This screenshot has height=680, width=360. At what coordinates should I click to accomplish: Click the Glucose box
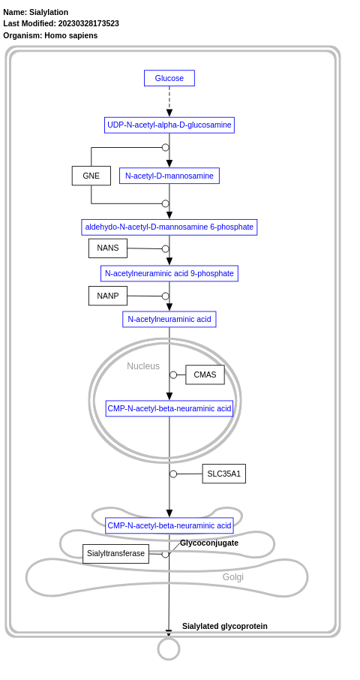(x=169, y=78)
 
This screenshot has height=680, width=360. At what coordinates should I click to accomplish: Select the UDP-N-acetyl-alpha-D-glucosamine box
(x=169, y=125)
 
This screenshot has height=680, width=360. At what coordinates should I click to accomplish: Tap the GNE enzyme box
(x=91, y=176)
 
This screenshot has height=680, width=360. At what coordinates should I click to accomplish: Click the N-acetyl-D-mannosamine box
(x=169, y=176)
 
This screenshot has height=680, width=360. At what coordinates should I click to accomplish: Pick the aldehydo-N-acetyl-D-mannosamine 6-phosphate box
(x=169, y=227)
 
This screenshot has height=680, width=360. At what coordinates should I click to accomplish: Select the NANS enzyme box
(x=107, y=248)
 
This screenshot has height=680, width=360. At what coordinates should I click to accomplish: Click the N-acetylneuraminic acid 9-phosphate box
(x=169, y=273)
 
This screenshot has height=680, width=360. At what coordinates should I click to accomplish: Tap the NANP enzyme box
(x=107, y=296)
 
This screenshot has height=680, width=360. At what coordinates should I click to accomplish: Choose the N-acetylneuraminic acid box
(x=169, y=319)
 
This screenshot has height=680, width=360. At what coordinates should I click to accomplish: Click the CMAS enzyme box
(x=205, y=375)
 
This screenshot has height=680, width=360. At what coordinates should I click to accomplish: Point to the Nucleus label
(x=142, y=366)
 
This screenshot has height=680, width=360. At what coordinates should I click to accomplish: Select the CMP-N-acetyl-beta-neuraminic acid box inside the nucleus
(x=169, y=408)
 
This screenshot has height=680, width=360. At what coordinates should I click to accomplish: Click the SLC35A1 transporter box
(x=223, y=474)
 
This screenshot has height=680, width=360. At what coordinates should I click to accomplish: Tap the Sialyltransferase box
(x=115, y=554)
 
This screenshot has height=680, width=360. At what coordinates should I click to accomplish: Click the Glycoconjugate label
(x=208, y=543)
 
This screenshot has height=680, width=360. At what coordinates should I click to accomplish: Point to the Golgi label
(x=232, y=577)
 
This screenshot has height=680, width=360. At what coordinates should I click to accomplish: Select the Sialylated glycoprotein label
(x=224, y=626)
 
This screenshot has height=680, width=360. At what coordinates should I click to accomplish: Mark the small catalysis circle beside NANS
(x=166, y=248)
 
